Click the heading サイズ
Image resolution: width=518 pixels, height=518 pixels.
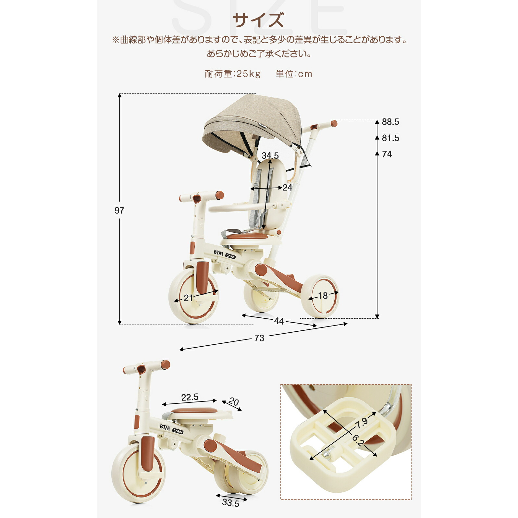(x=258, y=20)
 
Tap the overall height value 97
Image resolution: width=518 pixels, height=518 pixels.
(x=119, y=211)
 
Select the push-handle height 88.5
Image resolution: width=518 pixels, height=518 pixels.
(x=390, y=122)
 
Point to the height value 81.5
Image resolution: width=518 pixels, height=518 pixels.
(x=390, y=138)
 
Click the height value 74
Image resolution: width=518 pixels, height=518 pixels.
(x=387, y=154)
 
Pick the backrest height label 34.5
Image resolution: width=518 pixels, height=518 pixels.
(x=270, y=155)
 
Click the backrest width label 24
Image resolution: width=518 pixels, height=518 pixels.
(x=287, y=188)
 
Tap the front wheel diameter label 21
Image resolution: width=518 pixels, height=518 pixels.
(x=188, y=298)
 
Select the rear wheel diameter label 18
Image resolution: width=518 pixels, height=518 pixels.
(x=323, y=296)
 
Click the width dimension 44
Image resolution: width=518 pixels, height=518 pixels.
(x=279, y=321)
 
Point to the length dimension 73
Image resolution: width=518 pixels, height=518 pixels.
(x=259, y=338)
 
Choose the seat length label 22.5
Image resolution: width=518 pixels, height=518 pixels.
(x=190, y=397)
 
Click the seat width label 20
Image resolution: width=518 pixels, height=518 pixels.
(x=234, y=402)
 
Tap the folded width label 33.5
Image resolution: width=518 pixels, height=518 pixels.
(x=230, y=503)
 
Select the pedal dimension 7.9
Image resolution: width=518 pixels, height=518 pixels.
(x=361, y=423)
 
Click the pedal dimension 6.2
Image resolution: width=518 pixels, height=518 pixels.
(x=358, y=440)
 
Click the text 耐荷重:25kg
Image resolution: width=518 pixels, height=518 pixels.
(x=233, y=74)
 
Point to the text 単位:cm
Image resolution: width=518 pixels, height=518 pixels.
(x=294, y=74)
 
